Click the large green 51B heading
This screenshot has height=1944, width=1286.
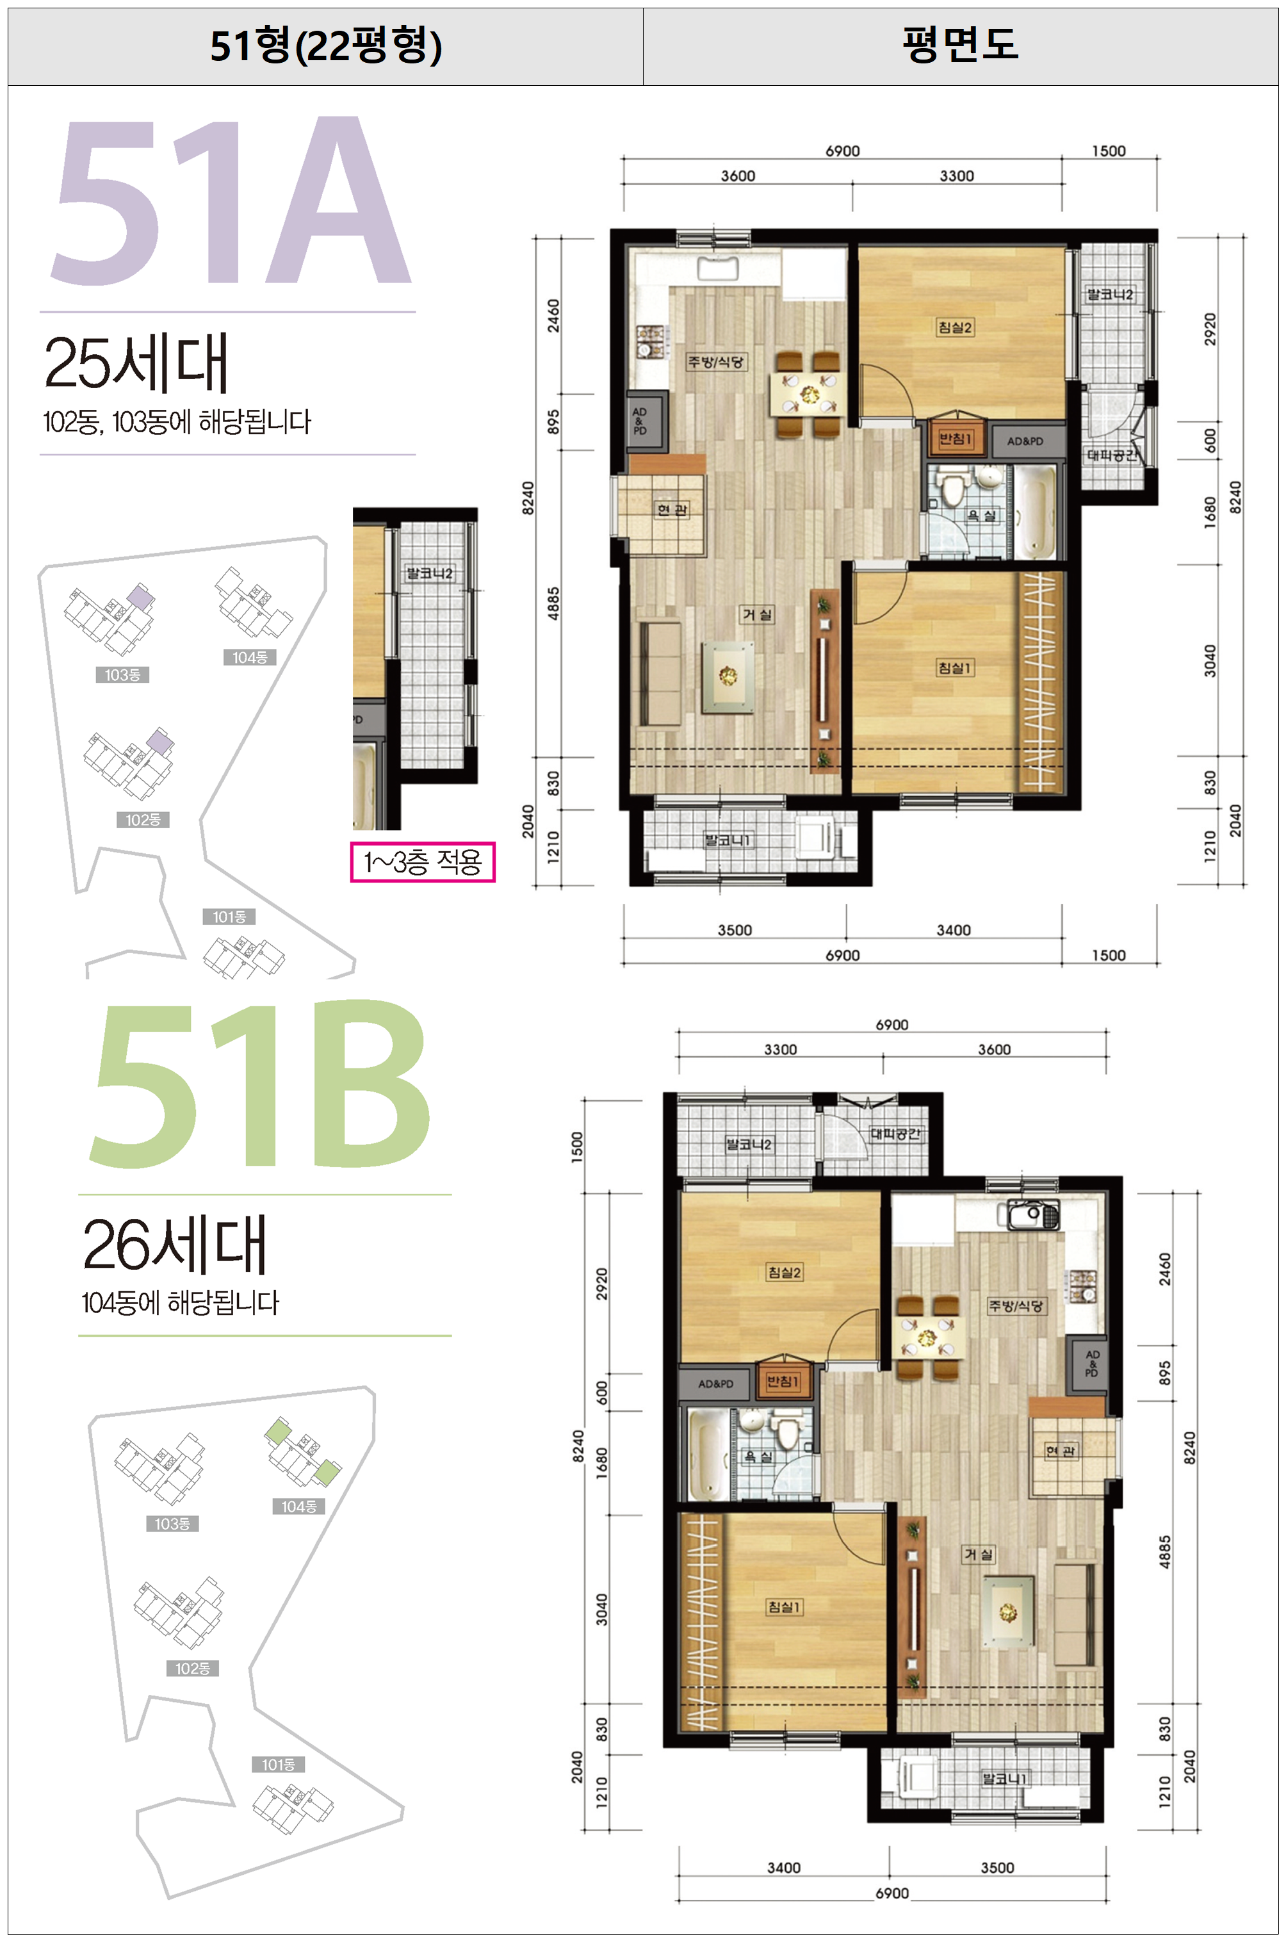[x=259, y=1084]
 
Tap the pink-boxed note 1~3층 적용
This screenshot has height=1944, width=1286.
[x=423, y=862]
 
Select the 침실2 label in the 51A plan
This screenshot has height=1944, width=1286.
[x=956, y=327]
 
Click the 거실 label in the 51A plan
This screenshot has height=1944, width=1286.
[x=757, y=614]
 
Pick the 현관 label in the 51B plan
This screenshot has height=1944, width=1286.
[x=1061, y=1451]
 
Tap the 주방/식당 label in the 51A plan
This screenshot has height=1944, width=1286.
[x=716, y=362]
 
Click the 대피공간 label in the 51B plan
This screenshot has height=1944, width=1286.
[x=895, y=1134]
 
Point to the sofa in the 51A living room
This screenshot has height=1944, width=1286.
[x=660, y=673]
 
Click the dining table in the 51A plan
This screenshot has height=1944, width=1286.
[x=810, y=395]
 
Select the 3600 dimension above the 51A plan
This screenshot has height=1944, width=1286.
[x=737, y=176]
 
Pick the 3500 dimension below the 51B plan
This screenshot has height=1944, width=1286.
[x=997, y=1868]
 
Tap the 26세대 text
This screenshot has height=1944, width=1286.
[x=175, y=1245]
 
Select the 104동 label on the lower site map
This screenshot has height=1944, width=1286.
[x=298, y=1506]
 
